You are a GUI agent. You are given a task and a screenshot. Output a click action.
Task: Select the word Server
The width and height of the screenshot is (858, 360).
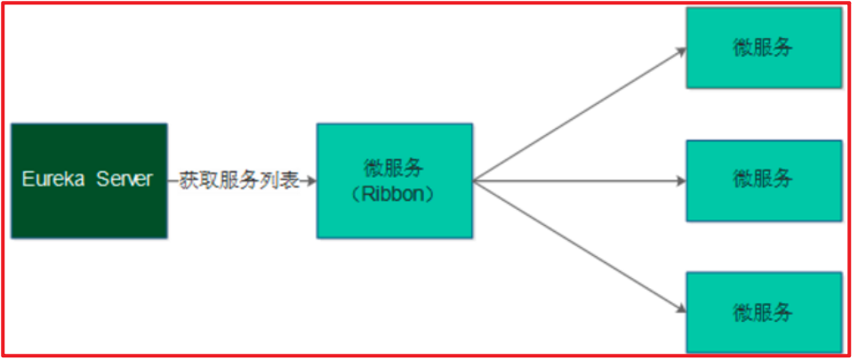(124, 180)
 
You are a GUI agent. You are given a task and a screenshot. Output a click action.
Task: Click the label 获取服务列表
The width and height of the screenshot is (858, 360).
(239, 180)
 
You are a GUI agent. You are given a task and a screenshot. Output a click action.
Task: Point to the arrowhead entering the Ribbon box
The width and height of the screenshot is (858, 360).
(311, 180)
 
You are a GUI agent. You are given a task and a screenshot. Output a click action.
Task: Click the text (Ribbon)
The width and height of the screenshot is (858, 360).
(394, 194)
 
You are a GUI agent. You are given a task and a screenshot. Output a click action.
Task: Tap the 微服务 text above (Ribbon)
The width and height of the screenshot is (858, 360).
(394, 168)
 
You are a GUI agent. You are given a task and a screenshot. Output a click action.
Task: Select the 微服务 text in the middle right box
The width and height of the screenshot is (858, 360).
(763, 178)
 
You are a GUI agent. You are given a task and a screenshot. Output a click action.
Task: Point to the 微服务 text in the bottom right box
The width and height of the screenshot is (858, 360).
(763, 312)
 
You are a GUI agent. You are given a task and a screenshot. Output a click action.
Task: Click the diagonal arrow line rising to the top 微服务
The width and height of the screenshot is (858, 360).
(578, 115)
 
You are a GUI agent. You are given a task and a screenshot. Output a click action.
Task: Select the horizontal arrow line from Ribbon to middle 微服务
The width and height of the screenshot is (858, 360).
(578, 180)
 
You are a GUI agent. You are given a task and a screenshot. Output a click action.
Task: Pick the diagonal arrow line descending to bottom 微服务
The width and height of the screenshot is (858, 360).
(578, 246)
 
